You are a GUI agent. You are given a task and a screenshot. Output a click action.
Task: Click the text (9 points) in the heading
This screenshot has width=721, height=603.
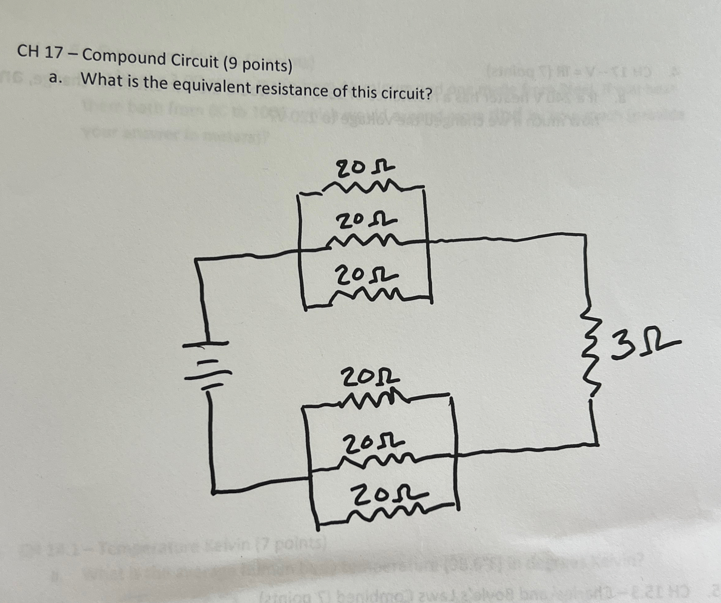pos(257,65)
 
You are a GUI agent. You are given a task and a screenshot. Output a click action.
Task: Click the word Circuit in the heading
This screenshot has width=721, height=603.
pos(195,62)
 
